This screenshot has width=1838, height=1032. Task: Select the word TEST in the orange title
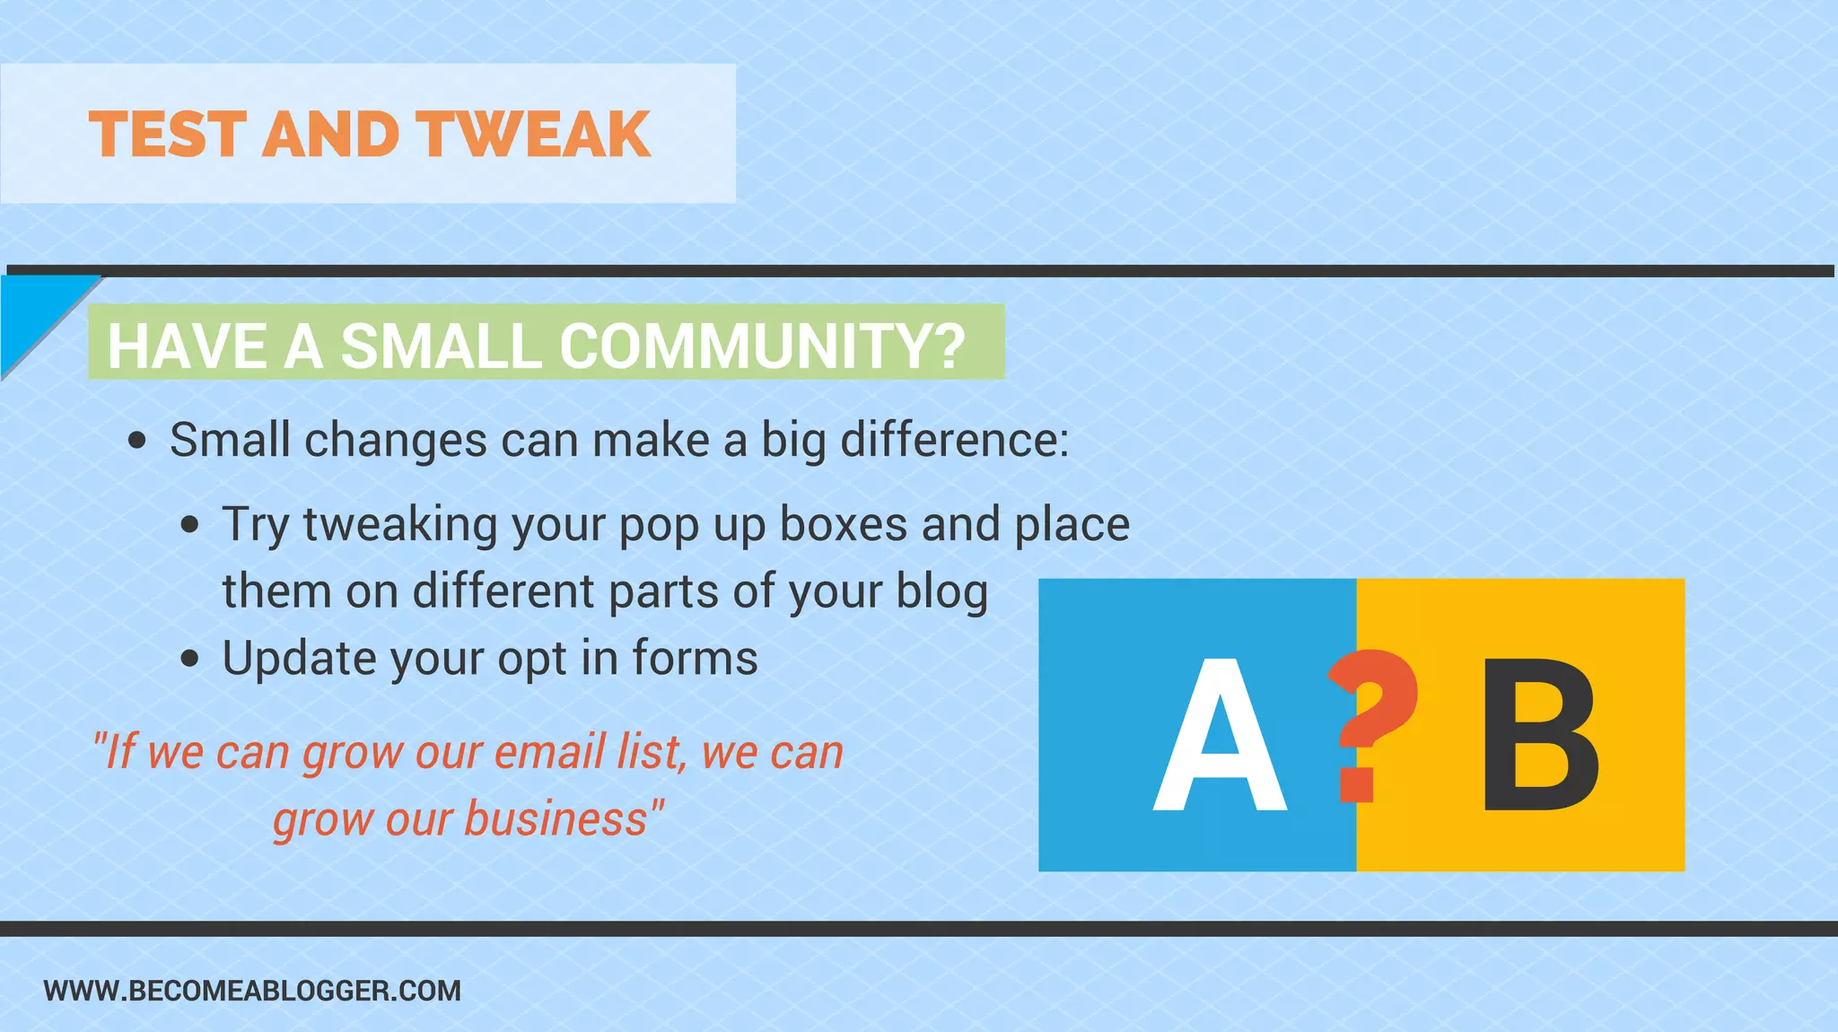coord(168,135)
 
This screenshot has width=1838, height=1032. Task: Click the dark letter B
coord(1540,736)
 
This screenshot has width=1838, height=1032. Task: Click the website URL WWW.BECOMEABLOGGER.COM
coord(252,991)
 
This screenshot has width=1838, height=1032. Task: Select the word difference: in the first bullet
coord(954,440)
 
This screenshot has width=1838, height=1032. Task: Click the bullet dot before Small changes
coord(137,441)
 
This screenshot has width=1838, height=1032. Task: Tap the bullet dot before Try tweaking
coord(189,525)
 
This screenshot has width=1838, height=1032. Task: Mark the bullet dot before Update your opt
coord(189,659)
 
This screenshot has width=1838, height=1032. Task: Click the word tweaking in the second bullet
coord(400,524)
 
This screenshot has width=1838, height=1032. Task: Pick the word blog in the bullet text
coord(941,592)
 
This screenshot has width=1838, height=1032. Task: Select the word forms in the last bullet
coord(695,658)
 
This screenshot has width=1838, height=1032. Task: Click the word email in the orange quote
coord(548,752)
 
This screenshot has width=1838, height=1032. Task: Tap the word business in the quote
coord(556,819)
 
